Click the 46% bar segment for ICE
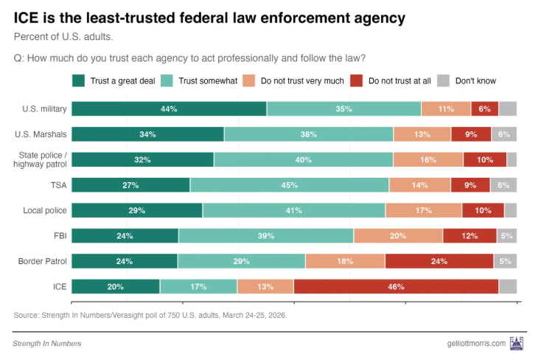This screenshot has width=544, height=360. pos(396,286)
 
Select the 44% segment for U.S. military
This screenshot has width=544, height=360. pos(169,109)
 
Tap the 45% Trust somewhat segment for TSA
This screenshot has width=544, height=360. pos(289,185)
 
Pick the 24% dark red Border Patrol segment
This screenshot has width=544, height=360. pos(439,261)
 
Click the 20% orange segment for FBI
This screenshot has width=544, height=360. pos(398,235)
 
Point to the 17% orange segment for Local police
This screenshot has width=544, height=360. pos(423,210)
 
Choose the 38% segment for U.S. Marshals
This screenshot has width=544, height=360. pos(308,134)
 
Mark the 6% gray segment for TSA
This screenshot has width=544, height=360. pos(503,185)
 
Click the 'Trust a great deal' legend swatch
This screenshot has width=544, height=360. pos(78,80)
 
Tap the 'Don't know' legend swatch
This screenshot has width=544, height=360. pos(444,80)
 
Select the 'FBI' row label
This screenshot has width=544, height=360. pos(59,235)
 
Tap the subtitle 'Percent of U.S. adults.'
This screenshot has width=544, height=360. pos(63,36)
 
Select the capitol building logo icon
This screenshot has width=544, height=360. pos(517,343)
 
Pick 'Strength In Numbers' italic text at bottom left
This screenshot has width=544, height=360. pos(47,344)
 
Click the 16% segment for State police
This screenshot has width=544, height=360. pos(428,159)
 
